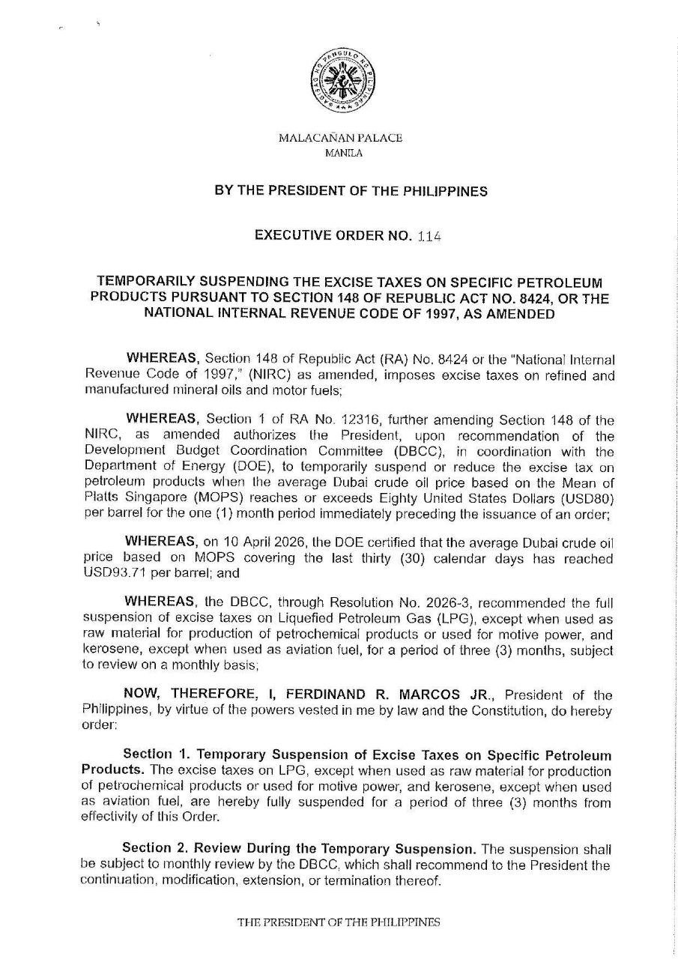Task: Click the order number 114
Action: coord(430,235)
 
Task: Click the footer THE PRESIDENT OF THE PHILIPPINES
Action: coord(339,923)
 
